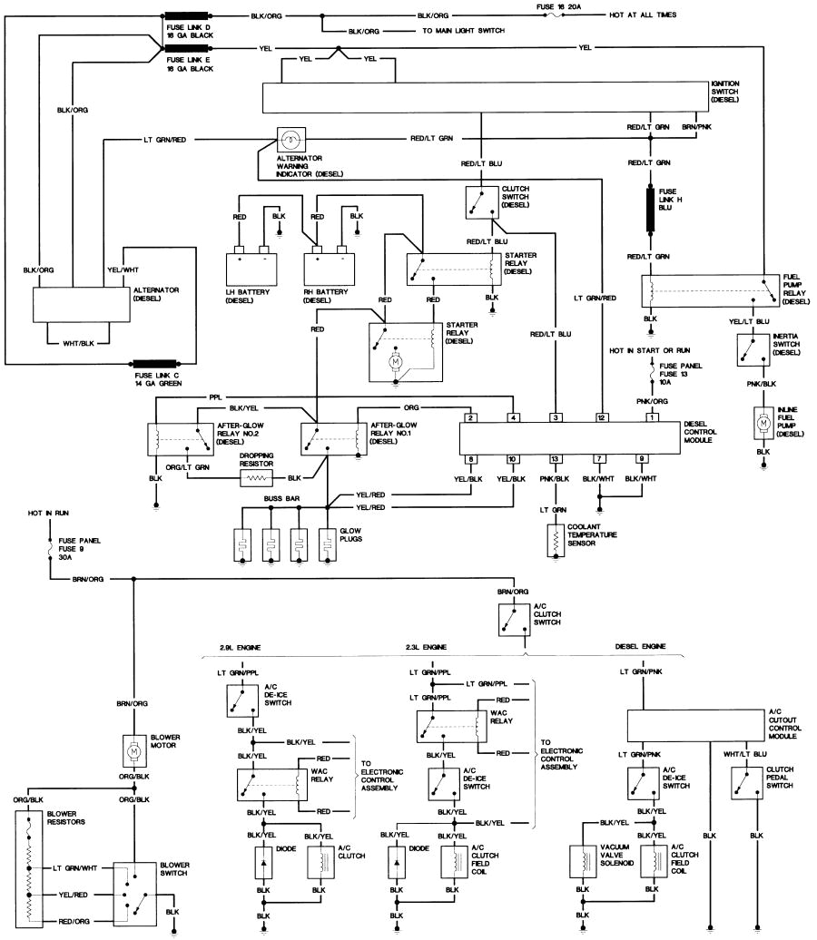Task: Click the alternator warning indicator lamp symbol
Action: pos(290,140)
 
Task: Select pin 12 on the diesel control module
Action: pos(601,417)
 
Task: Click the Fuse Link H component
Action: pos(651,209)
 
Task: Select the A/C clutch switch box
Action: pos(515,621)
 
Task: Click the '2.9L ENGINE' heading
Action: pos(241,648)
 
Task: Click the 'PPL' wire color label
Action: pos(215,397)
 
